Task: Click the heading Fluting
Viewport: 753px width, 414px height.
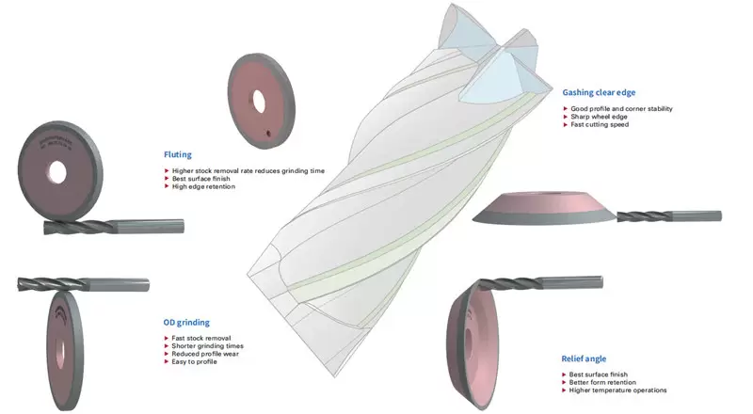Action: [178, 153]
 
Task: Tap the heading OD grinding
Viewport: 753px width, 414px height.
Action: [186, 322]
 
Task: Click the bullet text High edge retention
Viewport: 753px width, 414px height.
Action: [203, 186]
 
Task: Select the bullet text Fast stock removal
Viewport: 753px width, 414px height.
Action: [200, 337]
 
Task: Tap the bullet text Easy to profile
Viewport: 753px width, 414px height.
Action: [194, 361]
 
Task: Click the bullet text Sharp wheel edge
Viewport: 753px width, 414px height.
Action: [599, 117]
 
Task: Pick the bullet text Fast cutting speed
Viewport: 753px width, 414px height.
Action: [600, 124]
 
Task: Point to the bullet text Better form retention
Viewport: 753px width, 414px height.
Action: [603, 382]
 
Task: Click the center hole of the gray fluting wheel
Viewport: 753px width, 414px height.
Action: [56, 172]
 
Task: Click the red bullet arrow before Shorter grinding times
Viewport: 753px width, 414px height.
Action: [165, 345]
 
